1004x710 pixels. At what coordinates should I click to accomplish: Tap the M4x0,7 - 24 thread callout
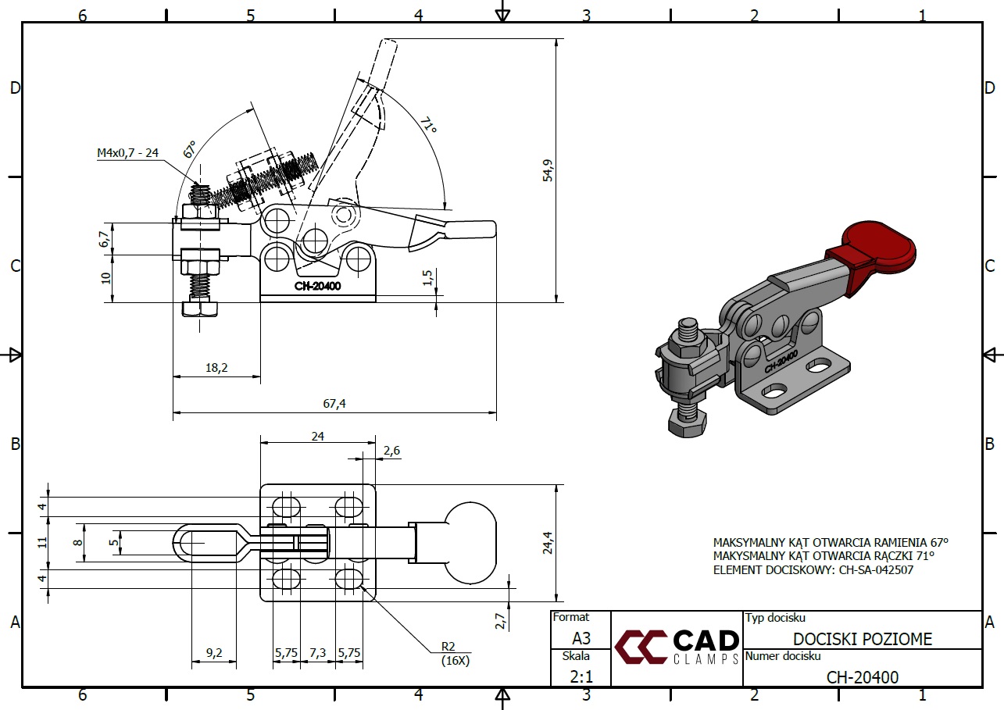[x=127, y=153]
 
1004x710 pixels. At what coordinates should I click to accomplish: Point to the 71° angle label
[x=427, y=126]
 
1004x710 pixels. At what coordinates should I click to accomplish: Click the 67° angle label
[x=190, y=149]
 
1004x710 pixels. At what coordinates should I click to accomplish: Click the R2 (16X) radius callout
[x=452, y=651]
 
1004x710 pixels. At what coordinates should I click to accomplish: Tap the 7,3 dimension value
[x=317, y=651]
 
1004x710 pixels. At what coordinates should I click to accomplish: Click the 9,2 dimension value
[x=214, y=651]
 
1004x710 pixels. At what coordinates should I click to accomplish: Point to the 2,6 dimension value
[x=391, y=450]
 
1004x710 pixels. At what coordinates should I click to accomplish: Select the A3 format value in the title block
[x=581, y=638]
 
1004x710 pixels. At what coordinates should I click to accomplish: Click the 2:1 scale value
[x=581, y=676]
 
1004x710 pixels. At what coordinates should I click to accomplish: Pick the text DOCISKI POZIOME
[x=863, y=640]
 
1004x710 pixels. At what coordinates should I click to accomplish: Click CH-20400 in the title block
[x=863, y=677]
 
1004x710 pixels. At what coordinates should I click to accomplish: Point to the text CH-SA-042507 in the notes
[x=876, y=570]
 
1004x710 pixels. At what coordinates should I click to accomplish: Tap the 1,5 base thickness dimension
[x=427, y=279]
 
